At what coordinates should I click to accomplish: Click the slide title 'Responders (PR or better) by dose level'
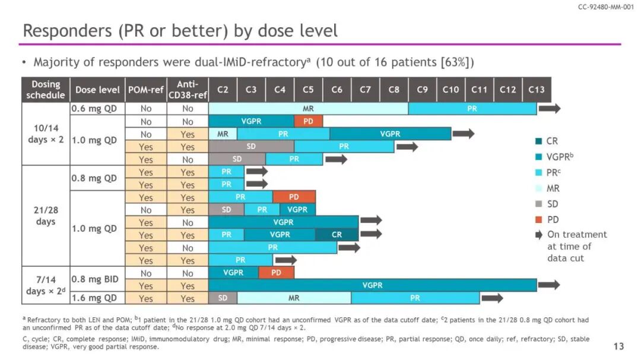[179, 31]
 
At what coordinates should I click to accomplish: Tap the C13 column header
[537, 90]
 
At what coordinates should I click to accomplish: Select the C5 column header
[308, 90]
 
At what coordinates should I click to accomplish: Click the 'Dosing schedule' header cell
[46, 90]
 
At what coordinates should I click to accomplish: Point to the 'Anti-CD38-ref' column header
[188, 90]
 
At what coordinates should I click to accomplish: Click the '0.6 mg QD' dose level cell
[94, 109]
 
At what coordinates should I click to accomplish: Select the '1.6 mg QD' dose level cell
[94, 298]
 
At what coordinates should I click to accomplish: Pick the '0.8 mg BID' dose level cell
[94, 279]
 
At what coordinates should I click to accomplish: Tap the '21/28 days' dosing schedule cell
[46, 216]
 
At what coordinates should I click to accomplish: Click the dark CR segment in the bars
[337, 235]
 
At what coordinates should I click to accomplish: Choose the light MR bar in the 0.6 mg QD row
[308, 109]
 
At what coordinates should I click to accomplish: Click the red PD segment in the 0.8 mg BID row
[277, 273]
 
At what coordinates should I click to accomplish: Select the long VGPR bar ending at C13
[372, 285]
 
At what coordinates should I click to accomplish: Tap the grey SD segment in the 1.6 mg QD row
[223, 298]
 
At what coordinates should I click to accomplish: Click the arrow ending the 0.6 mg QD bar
[549, 109]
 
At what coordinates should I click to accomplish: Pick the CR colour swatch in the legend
[538, 141]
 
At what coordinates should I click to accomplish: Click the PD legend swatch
[538, 219]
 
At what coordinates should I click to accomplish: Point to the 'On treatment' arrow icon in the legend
[538, 235]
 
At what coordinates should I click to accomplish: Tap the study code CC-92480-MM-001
[605, 7]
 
